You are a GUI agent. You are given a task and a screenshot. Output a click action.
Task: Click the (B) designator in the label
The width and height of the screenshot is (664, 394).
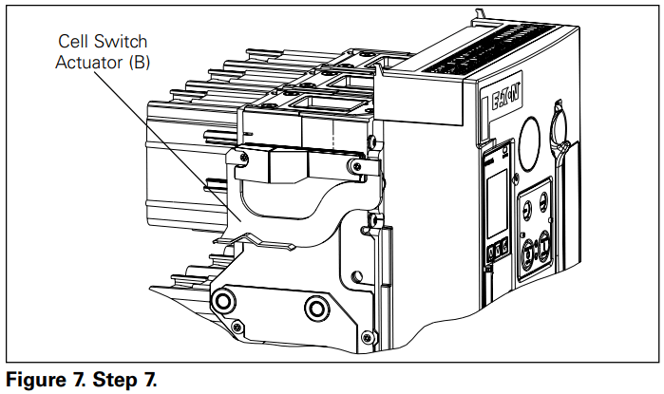pos(142,63)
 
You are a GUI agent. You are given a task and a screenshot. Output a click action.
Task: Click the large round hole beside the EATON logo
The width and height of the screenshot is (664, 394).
pos(534,129)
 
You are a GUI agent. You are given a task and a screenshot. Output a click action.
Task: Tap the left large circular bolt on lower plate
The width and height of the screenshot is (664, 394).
pos(225,303)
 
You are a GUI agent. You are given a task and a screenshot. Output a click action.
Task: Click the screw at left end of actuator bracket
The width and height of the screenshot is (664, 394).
pos(245,155)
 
